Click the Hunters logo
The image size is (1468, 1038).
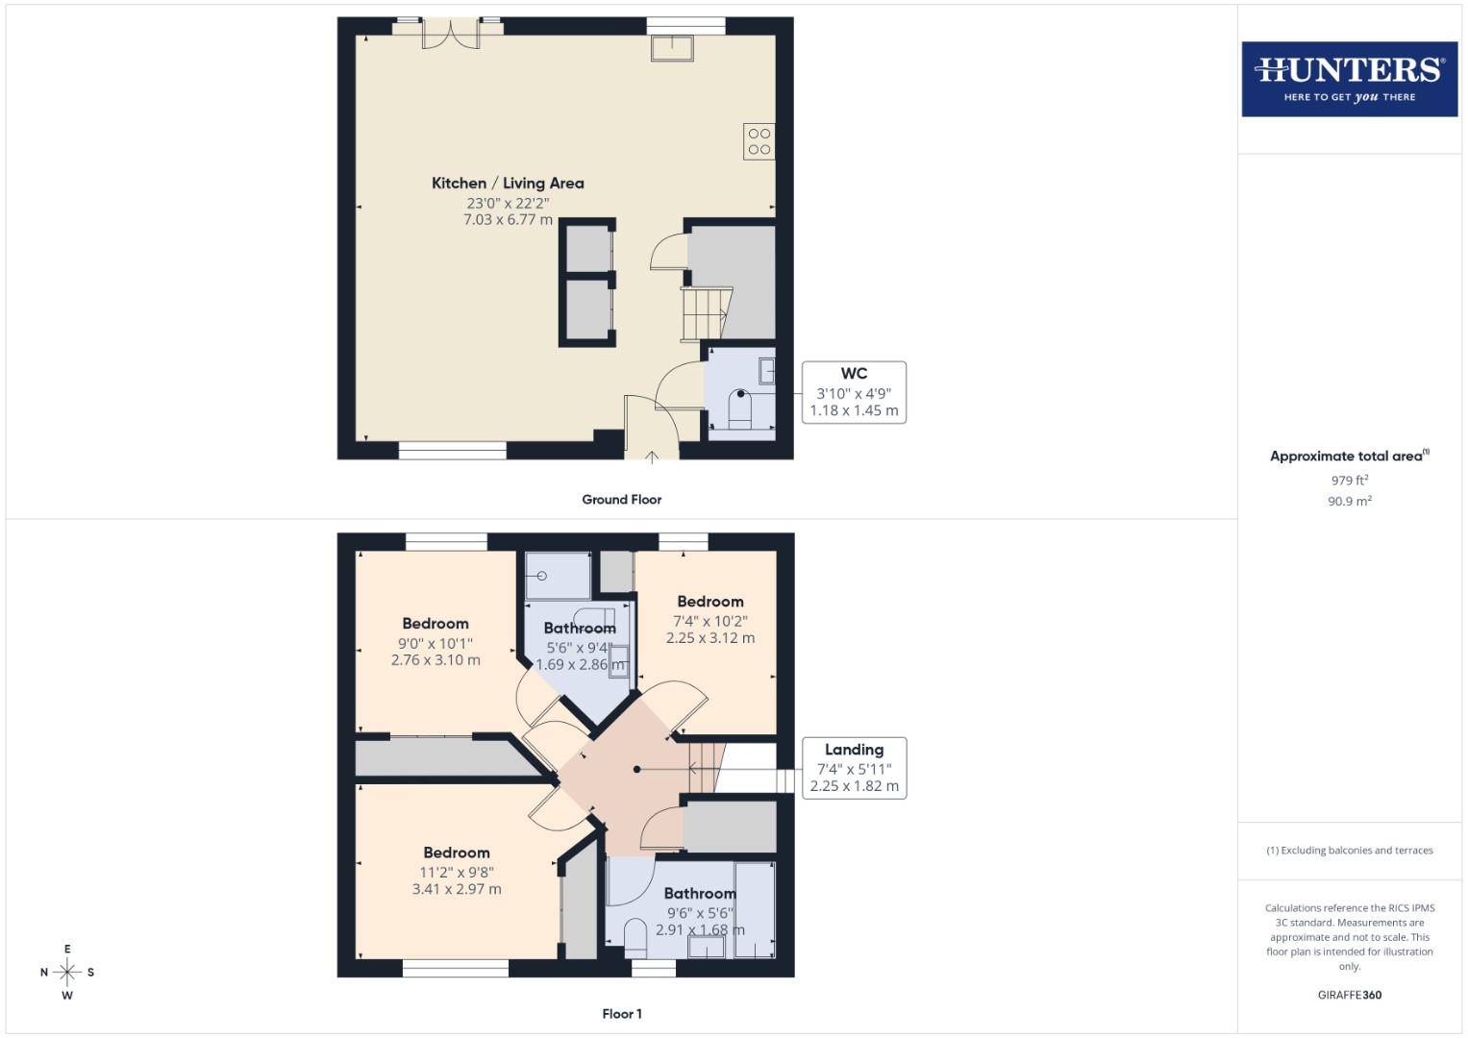(x=1349, y=79)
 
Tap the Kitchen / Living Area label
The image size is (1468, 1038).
(x=508, y=183)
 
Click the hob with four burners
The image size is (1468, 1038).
(x=759, y=141)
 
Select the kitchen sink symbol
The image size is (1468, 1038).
(x=672, y=47)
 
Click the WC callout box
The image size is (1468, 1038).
(x=854, y=392)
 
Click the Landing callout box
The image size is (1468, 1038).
(x=854, y=767)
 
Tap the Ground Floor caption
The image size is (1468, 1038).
(x=621, y=500)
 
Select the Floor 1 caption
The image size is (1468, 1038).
(x=622, y=1014)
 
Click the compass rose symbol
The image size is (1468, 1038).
(x=67, y=972)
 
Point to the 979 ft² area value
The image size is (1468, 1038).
(x=1349, y=481)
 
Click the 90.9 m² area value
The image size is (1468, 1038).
(x=1349, y=501)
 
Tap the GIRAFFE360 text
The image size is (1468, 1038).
(x=1349, y=995)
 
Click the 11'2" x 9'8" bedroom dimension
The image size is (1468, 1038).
(x=457, y=872)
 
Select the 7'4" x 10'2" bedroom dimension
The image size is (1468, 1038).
(x=709, y=620)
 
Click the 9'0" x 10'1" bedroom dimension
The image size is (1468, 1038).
(x=435, y=642)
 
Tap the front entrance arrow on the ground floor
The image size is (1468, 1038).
(x=652, y=457)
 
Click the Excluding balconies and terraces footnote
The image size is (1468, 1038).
(x=1349, y=851)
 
